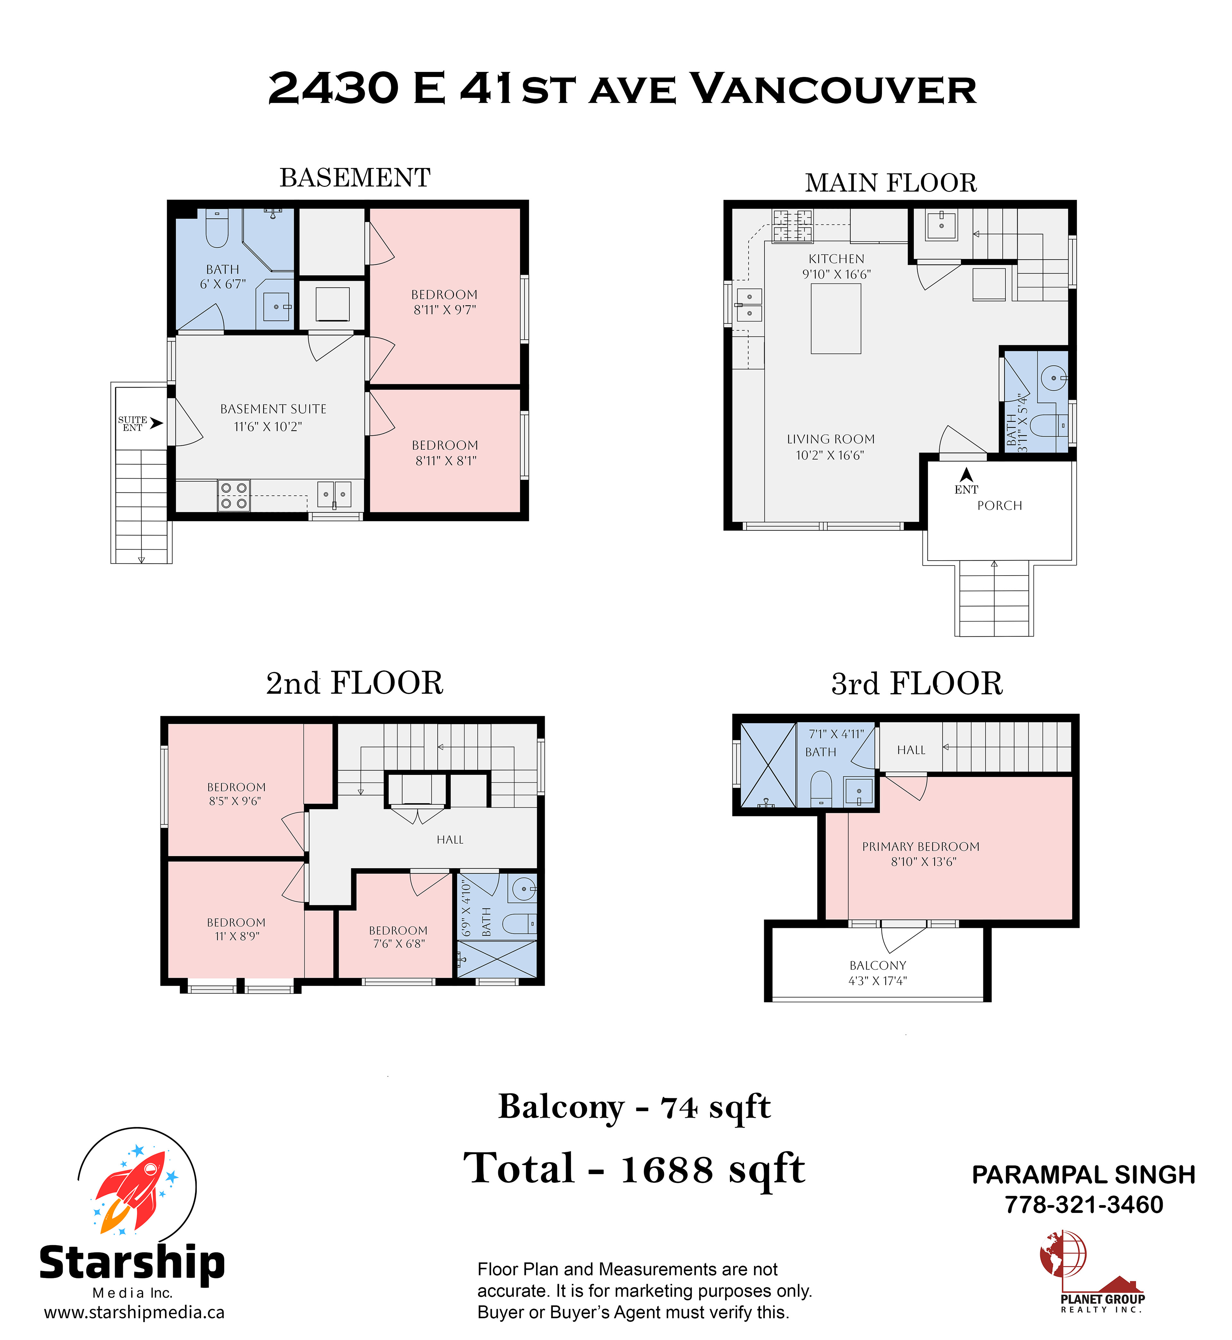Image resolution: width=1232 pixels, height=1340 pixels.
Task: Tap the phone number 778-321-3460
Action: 1084,1205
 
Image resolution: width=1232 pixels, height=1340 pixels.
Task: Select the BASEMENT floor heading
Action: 355,178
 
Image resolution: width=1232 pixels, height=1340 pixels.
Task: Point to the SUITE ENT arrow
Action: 157,423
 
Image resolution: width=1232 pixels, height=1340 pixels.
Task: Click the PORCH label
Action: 999,506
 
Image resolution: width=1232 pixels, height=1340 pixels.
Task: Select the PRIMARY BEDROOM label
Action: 921,847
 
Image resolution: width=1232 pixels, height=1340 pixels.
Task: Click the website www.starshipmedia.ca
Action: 134,1313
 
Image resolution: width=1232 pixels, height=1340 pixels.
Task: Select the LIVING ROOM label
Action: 831,439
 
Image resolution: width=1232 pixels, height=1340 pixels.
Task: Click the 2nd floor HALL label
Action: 450,840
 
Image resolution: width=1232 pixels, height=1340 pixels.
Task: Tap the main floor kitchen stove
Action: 793,225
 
